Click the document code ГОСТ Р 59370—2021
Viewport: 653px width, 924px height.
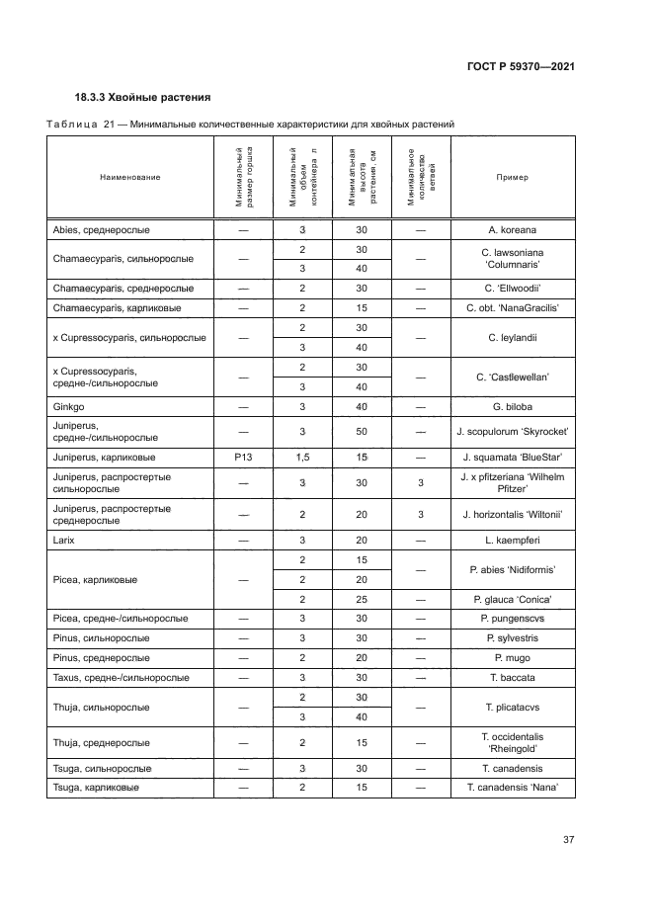pyautogui.click(x=522, y=66)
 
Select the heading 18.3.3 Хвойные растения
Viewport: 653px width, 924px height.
pyautogui.click(x=142, y=98)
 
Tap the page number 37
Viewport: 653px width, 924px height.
pyautogui.click(x=568, y=840)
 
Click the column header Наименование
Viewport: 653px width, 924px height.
pyautogui.click(x=129, y=177)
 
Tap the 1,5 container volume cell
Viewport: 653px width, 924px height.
pyautogui.click(x=302, y=458)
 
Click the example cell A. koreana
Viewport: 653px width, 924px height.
pyautogui.click(x=512, y=229)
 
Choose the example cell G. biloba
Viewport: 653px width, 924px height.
pyautogui.click(x=512, y=406)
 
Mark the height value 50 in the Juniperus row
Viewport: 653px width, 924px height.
pyautogui.click(x=362, y=432)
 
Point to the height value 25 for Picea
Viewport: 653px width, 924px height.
pyautogui.click(x=362, y=599)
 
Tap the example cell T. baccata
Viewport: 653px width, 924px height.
pyautogui.click(x=512, y=678)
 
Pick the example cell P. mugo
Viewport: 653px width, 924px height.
pyautogui.click(x=512, y=658)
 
